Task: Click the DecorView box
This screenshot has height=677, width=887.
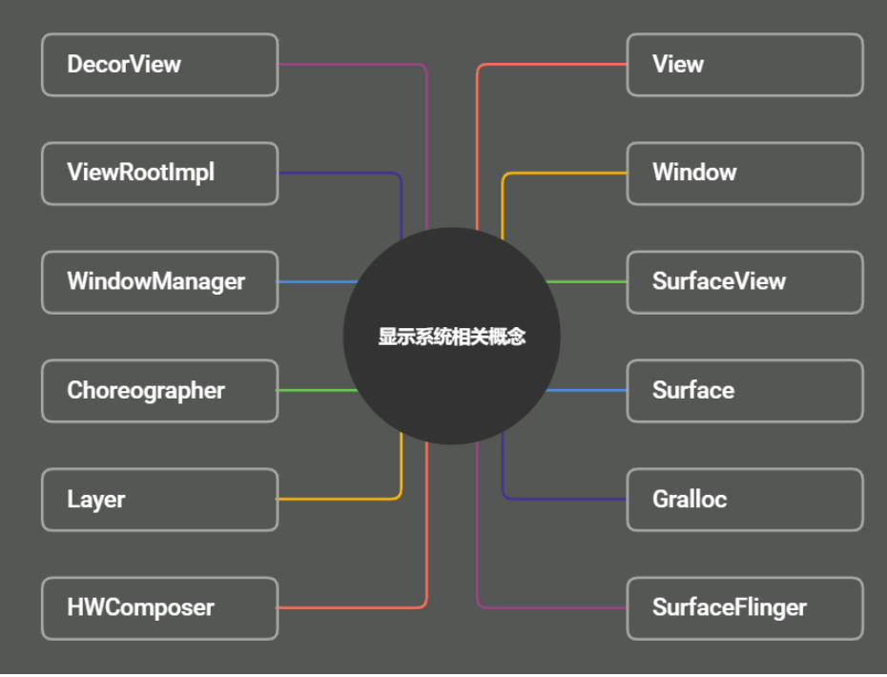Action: click(159, 65)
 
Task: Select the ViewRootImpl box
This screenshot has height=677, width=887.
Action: click(159, 174)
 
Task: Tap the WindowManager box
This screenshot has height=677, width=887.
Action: click(159, 282)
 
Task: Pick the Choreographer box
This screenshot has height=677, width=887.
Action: click(159, 391)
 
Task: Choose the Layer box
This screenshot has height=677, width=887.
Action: click(159, 500)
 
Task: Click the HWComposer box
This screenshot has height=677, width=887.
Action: click(159, 608)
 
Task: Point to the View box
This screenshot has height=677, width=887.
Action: click(744, 65)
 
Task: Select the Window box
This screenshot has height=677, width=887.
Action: click(744, 174)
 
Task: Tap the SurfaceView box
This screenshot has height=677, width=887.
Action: click(744, 282)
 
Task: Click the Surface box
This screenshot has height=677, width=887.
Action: click(744, 391)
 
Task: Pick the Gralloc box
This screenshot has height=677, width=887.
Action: click(744, 500)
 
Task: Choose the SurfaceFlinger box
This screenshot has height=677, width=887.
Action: click(744, 608)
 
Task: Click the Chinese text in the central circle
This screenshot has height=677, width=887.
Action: click(451, 337)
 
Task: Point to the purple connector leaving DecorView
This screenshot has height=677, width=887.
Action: click(353, 65)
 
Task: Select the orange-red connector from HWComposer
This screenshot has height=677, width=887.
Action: click(353, 607)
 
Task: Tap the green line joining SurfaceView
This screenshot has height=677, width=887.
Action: click(587, 282)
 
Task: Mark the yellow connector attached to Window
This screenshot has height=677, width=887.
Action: click(563, 174)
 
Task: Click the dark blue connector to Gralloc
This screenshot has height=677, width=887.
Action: click(563, 499)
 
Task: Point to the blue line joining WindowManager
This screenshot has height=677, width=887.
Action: click(315, 282)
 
